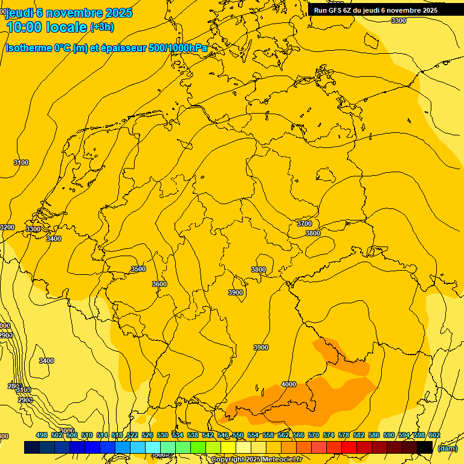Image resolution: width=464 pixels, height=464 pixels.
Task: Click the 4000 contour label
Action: [289, 384]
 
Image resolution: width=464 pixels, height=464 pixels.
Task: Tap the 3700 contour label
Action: [304, 224]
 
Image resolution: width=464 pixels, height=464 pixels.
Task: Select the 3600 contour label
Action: [159, 284]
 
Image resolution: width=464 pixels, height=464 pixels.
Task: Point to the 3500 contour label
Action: [138, 269]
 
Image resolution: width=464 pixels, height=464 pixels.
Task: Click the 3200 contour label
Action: [7, 227]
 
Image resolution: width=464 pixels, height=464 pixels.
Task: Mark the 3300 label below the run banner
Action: [399, 21]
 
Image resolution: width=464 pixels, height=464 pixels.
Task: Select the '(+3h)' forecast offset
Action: [101, 27]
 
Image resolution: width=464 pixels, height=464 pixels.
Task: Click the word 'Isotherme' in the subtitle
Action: [30, 48]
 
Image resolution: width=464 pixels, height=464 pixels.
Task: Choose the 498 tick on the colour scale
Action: [42, 435]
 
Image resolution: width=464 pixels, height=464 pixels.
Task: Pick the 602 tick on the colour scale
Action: [434, 435]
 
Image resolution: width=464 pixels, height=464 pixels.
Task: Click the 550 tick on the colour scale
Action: [238, 435]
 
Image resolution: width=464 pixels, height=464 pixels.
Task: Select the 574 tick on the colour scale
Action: [329, 435]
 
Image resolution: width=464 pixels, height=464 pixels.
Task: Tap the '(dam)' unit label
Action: [446, 448]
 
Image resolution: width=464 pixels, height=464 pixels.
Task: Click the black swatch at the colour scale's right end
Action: [425, 447]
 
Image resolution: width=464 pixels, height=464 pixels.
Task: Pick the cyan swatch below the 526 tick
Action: [153, 447]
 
